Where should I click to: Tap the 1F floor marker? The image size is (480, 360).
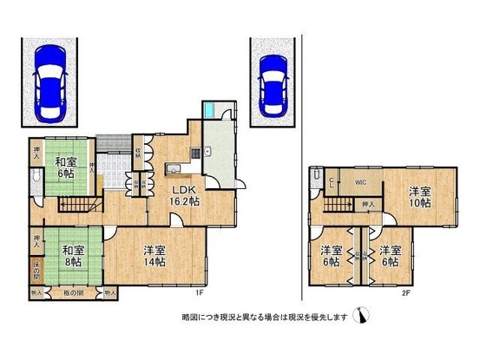point(199,292)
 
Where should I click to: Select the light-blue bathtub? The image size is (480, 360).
point(213,111)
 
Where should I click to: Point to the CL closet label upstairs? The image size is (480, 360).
point(331,182)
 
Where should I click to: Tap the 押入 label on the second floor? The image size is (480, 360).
point(368,205)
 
